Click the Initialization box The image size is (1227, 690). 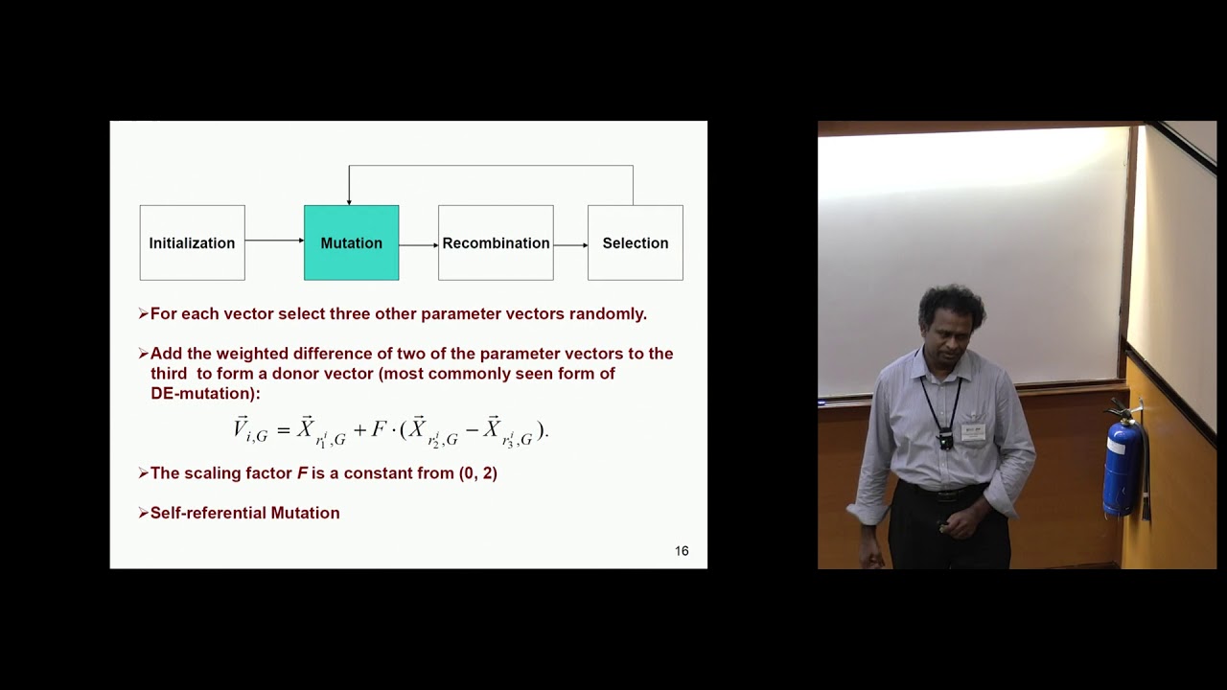coord(192,242)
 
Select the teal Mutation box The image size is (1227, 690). coord(351,242)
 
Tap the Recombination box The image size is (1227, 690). coord(496,242)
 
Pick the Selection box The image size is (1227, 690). coord(635,242)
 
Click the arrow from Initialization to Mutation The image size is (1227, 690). coord(274,241)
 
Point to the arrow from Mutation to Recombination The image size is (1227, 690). coord(418,245)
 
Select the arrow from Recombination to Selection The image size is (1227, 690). coord(570,245)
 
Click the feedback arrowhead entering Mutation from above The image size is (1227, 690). coord(349,199)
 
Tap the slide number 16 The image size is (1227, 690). coord(682,551)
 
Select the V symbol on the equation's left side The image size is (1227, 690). coord(242,427)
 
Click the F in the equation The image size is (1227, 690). coord(378,430)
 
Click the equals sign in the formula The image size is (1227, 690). coord(283,430)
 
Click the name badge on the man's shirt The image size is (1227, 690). coord(973,431)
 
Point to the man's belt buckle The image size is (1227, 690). coord(945,495)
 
